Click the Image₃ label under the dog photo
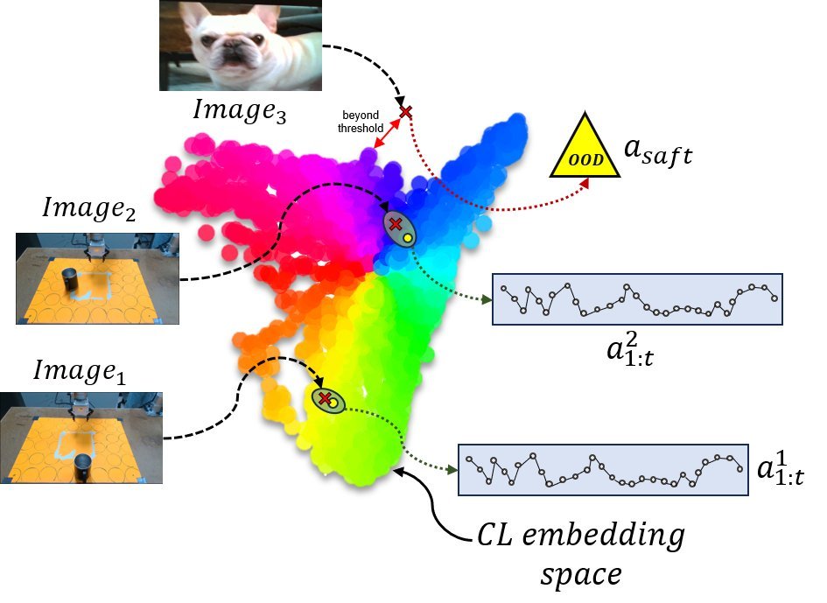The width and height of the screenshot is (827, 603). (240, 111)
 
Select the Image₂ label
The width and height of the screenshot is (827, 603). (88, 208)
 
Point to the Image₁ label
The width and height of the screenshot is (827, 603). (80, 371)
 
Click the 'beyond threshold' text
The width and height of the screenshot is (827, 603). (361, 122)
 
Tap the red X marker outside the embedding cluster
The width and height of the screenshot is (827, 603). (405, 112)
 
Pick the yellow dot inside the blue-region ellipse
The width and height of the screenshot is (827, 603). (407, 238)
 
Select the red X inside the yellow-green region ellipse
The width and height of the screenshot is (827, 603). (325, 398)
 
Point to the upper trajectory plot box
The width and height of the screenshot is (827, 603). (637, 299)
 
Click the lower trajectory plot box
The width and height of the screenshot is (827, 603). (603, 469)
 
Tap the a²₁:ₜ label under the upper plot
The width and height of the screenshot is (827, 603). (630, 348)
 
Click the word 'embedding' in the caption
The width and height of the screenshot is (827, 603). (603, 536)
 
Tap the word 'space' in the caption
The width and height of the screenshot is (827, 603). (581, 575)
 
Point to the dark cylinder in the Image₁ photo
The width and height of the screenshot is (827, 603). (83, 466)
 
